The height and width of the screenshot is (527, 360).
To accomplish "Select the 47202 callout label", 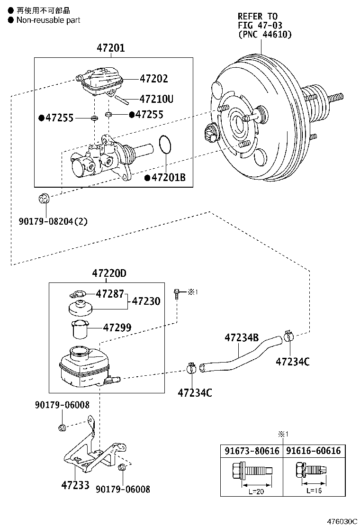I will tap(153, 79).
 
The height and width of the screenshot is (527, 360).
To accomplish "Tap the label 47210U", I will tap(156, 100).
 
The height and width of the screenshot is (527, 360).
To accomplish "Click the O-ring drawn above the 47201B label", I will tap(164, 145).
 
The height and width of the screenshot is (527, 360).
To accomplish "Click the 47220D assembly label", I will tap(109, 273).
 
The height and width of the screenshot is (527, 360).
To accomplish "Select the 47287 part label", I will tap(110, 294).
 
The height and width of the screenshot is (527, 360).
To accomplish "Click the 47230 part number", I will tap(146, 301).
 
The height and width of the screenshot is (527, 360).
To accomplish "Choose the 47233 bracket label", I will tap(75, 485).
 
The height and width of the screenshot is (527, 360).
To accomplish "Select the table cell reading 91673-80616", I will tap(252, 451).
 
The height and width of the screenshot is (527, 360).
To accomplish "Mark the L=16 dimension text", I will tap(314, 491).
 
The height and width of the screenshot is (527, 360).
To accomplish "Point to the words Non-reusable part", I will tap(48, 20).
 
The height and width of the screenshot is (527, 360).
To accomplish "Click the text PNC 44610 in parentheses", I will tap(265, 34).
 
